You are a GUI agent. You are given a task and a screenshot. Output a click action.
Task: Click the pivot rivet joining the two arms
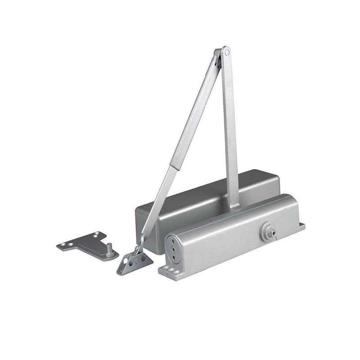coord(226,52)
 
